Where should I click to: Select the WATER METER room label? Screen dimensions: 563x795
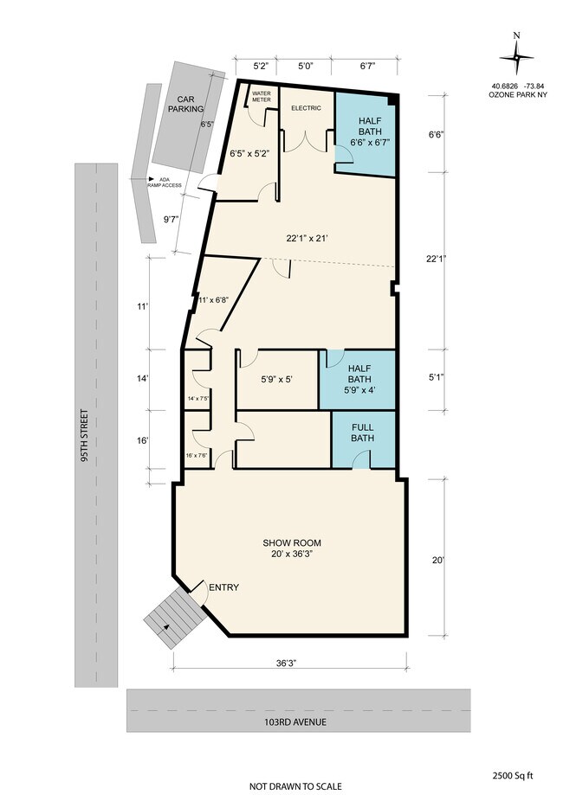(262, 96)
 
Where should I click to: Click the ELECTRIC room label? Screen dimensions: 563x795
(306, 108)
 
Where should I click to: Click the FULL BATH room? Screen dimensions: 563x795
(363, 439)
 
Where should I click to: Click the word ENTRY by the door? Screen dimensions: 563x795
(223, 587)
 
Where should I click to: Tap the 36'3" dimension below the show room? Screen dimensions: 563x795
(286, 663)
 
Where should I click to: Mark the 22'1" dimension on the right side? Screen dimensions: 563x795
(436, 259)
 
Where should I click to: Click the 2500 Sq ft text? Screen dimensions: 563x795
(513, 775)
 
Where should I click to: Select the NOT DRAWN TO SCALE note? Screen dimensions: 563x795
(295, 786)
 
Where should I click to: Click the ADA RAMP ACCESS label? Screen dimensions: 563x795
(164, 183)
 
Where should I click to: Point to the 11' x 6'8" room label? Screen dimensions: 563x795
(213, 299)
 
